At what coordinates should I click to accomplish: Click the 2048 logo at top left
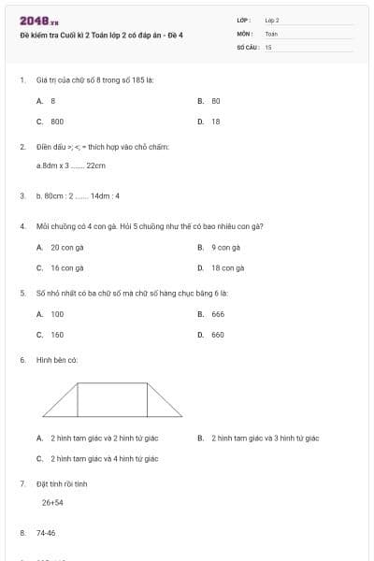tap(38, 20)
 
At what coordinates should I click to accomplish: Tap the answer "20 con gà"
tap(67, 248)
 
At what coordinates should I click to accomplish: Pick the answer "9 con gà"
tap(226, 248)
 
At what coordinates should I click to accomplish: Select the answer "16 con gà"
tap(67, 267)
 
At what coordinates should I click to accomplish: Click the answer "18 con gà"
tap(228, 267)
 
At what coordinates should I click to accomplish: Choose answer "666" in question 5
tap(218, 314)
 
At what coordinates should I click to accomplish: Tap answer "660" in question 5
tap(218, 334)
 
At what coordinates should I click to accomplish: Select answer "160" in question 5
tap(57, 334)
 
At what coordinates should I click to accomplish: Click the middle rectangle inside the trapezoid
tap(112, 399)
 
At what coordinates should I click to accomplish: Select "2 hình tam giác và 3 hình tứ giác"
tap(265, 438)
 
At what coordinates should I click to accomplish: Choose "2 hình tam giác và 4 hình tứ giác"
tap(104, 458)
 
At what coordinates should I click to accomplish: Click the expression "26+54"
tap(52, 502)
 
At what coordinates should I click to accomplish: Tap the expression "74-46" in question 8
tap(46, 533)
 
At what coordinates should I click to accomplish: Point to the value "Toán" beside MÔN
tap(271, 33)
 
